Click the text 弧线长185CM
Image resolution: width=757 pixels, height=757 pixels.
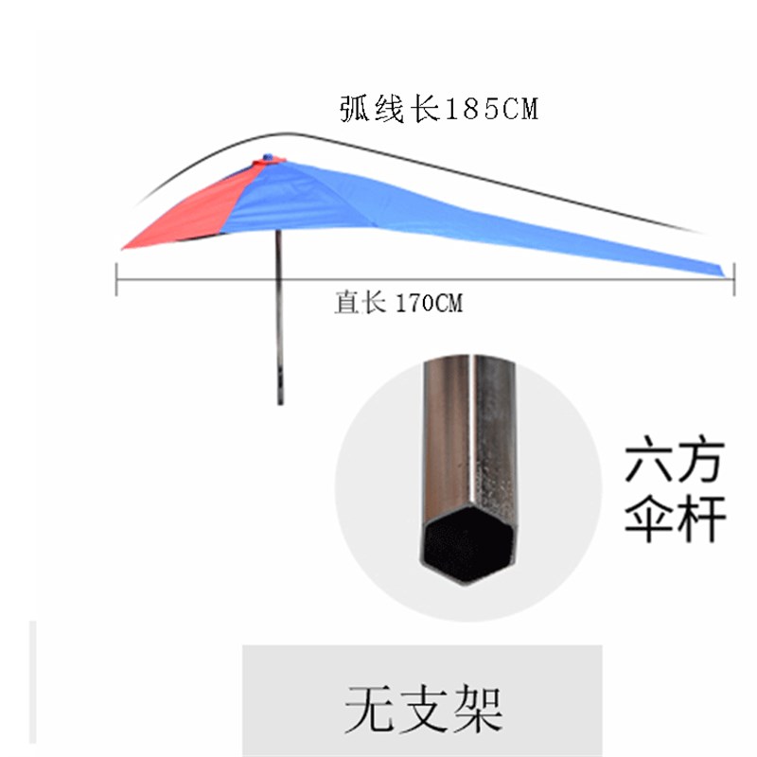pyautogui.click(x=438, y=110)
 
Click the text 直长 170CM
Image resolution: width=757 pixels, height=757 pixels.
pyautogui.click(x=397, y=304)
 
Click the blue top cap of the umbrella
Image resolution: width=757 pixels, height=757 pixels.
pyautogui.click(x=268, y=159)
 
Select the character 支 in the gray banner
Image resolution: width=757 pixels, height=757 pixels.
pyautogui.click(x=422, y=707)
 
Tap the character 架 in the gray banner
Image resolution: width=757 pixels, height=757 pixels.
pyautogui.click(x=473, y=707)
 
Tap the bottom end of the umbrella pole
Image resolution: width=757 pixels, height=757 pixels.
pyautogui.click(x=280, y=401)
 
